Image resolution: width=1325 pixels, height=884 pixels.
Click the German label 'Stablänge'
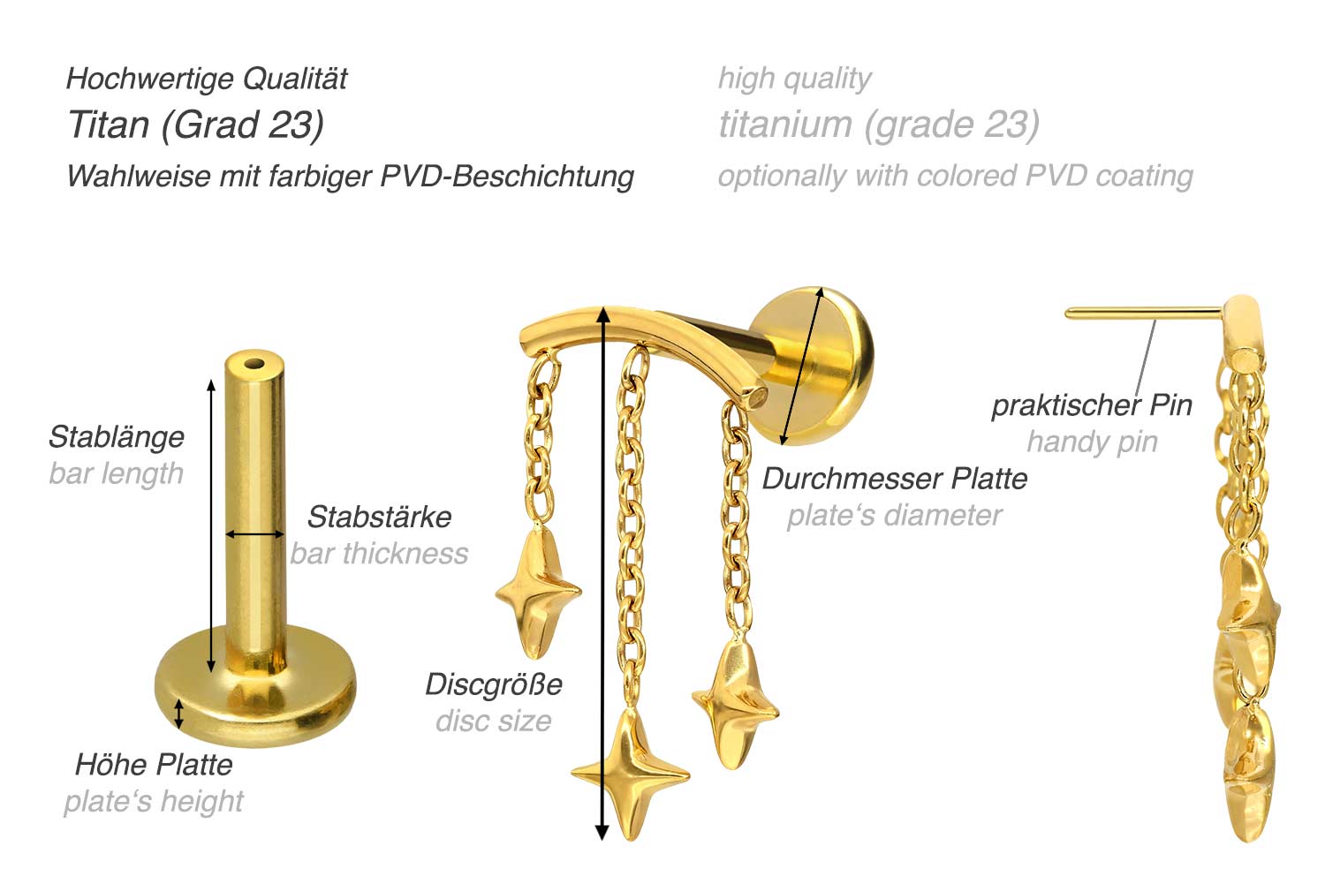pos(116,436)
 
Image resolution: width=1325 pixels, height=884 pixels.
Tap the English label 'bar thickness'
pos(379,554)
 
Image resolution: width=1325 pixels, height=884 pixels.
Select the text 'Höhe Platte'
pos(154,764)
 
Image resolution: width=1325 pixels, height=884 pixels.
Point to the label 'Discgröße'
pos(493,684)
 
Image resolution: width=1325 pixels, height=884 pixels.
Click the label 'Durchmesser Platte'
pos(895,479)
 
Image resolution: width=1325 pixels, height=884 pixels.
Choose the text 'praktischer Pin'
pos(1092,405)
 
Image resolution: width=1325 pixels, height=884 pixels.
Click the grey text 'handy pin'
pos(1092,442)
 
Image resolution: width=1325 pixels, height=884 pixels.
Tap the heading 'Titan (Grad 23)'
pos(195,125)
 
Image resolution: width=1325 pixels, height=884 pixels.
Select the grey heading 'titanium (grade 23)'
pos(878,125)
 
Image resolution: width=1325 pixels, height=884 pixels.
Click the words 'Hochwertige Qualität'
pos(207,79)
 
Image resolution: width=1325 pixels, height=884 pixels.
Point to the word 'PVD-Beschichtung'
pos(507,176)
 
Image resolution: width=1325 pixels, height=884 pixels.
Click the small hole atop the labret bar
pos(254,362)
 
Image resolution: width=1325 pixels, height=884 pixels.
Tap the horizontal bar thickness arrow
pos(254,533)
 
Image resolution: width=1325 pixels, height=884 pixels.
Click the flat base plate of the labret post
pos(256,698)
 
